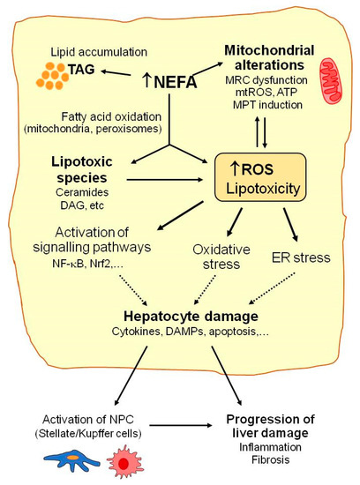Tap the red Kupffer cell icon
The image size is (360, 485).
(121, 459)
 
